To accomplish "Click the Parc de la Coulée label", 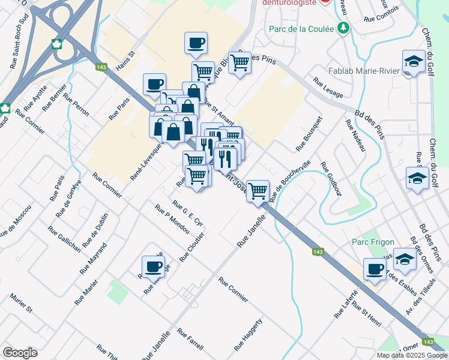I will tap(304, 28).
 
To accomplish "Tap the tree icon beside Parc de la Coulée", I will tap(343, 28).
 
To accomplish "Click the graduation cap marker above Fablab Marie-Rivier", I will tap(413, 61).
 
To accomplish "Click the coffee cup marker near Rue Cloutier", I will tap(152, 266).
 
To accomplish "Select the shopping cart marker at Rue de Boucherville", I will tap(258, 190).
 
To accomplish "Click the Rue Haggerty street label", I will tap(249, 335).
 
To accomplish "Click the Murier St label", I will tap(20, 304).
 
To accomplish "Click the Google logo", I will tap(20, 352).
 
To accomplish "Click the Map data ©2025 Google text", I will tap(411, 355).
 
